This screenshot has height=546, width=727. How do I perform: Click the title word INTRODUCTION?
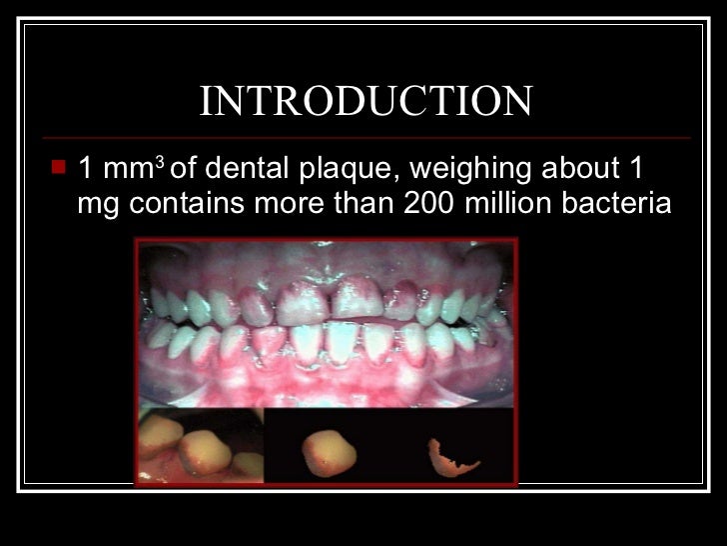tap(365, 102)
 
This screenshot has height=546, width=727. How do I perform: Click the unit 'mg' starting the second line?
tap(97, 205)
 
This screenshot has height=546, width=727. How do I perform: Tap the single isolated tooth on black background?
tap(325, 451)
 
